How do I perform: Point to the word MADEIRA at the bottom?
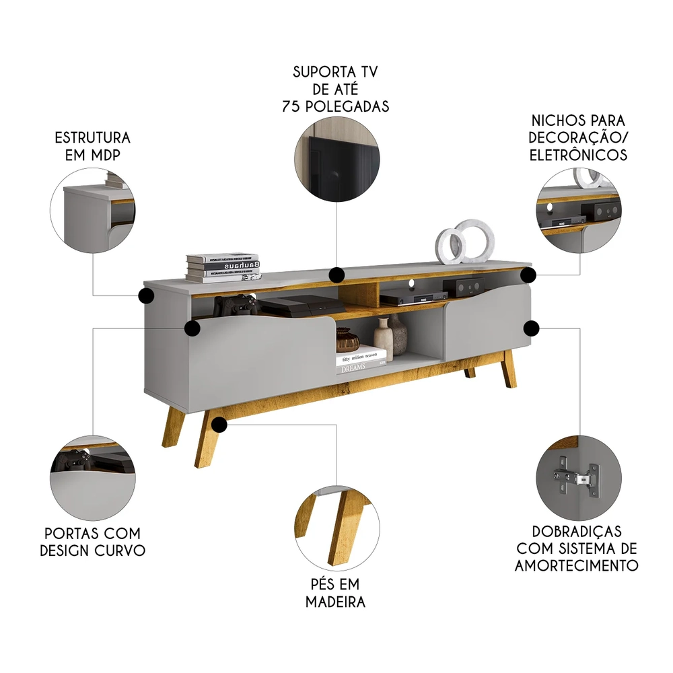point(336,601)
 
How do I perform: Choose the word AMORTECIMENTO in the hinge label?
point(576,565)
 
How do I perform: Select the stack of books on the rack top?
point(222,267)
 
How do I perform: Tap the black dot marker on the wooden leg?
point(219,424)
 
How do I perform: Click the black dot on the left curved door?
point(192,328)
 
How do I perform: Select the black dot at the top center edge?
point(336,275)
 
